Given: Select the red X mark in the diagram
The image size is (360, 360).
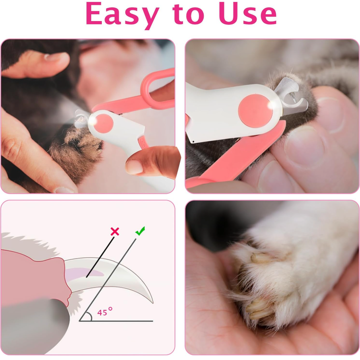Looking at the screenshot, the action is (x=115, y=232).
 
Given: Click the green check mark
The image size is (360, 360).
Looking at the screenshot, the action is (x=140, y=231).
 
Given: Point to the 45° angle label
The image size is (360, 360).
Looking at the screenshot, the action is (x=105, y=312).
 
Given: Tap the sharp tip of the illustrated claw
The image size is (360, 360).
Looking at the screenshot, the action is (x=152, y=303).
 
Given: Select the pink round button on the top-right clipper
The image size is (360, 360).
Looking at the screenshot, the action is (x=255, y=111).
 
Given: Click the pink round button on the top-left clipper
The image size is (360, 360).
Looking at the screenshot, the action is (x=103, y=123).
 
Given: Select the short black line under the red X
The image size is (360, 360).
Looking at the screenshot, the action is (x=100, y=257).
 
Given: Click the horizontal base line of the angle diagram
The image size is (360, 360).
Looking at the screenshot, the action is (x=116, y=321).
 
